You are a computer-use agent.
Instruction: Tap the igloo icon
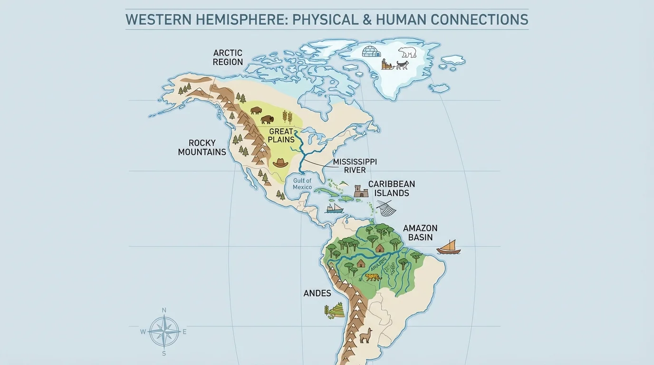point(372,51)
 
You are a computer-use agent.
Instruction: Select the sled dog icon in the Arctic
point(402,65)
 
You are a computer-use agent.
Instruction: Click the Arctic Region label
point(228,58)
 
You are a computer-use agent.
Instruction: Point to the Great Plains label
point(281,135)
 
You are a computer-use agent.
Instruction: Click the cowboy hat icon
point(280,163)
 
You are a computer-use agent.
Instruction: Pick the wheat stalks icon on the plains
point(288,117)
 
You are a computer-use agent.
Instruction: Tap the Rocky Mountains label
point(202,147)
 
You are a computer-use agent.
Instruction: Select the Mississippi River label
point(355,166)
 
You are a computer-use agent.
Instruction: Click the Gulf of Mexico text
point(302,184)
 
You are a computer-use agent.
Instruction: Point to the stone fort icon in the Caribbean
point(361,192)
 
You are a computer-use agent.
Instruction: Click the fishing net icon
point(386,208)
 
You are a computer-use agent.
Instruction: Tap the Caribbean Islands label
point(391,189)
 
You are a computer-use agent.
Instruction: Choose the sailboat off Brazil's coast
point(448,247)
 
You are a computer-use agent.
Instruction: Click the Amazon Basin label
point(420,232)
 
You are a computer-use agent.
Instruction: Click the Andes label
point(317,293)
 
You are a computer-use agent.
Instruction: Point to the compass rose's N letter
point(164,310)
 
